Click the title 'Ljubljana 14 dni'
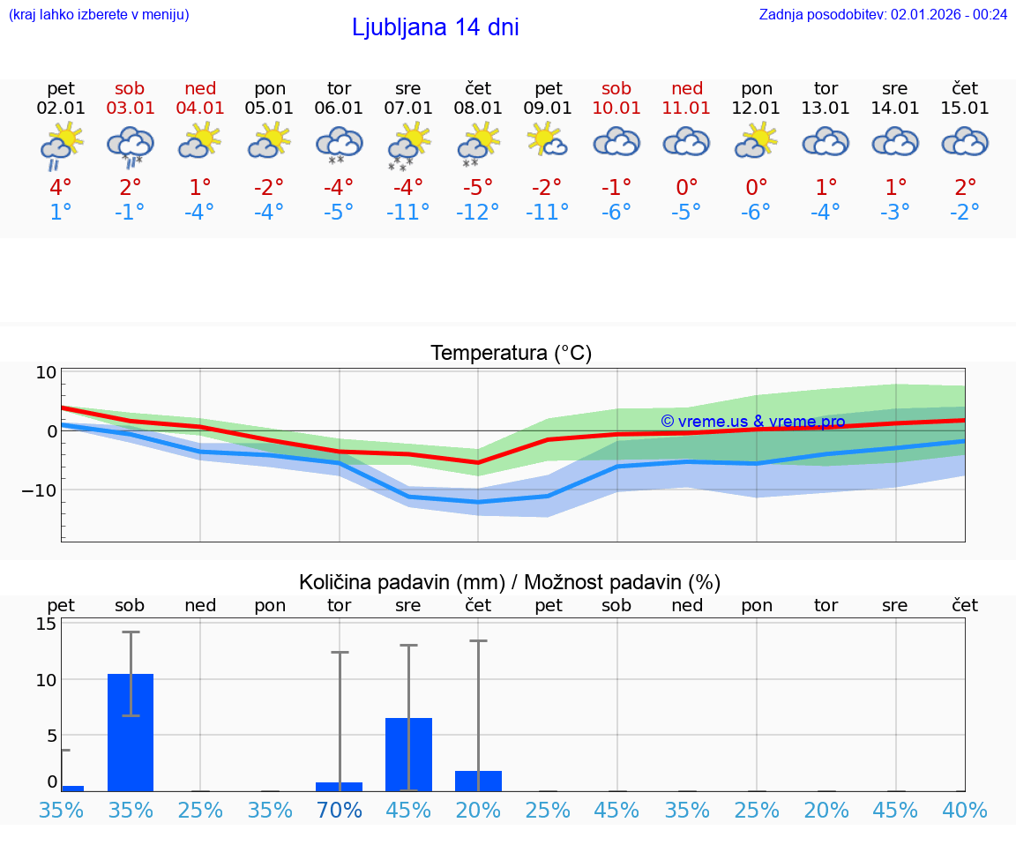click(x=435, y=27)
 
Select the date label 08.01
click(x=478, y=108)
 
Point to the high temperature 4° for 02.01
click(x=61, y=188)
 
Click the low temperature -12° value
click(x=477, y=213)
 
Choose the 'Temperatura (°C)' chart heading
click(x=511, y=354)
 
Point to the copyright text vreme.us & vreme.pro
click(x=752, y=422)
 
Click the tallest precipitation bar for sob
click(x=131, y=732)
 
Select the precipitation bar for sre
click(x=408, y=754)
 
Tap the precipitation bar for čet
click(x=478, y=781)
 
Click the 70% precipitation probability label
click(x=340, y=810)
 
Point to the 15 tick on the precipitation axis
click(x=46, y=624)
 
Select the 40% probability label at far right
click(x=965, y=810)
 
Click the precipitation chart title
click(x=510, y=582)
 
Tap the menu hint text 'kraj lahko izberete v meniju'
click(x=98, y=14)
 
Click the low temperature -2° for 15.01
click(x=965, y=213)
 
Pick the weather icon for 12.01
click(x=757, y=141)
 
